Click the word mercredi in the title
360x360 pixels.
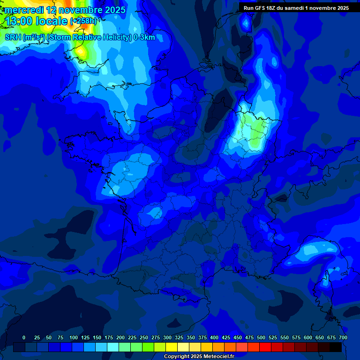[24, 10]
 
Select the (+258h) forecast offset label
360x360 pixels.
[83, 21]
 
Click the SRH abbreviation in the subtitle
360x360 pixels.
[12, 37]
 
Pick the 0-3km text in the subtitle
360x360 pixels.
[144, 37]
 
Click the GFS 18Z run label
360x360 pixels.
[261, 7]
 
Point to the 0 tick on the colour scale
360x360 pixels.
[24, 337]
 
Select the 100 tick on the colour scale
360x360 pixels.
[74, 337]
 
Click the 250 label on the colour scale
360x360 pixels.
[144, 337]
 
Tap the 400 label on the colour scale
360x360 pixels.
[214, 337]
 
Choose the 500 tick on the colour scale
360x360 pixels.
[261, 337]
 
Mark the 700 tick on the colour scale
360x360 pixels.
[343, 337]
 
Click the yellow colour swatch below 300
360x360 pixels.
[172, 347]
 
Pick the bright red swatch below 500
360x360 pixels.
[265, 347]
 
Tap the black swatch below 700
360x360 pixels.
[336, 347]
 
